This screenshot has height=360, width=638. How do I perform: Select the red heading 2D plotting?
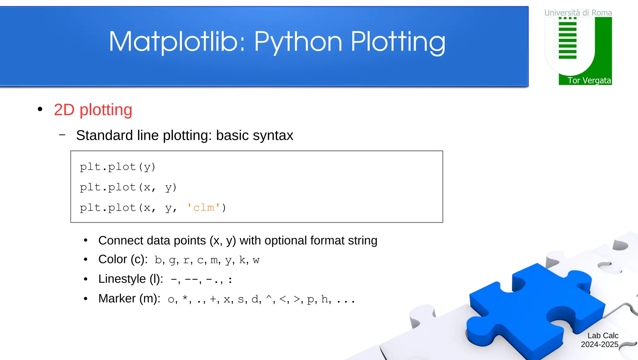(x=93, y=110)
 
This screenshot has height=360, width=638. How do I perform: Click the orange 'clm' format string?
(x=204, y=208)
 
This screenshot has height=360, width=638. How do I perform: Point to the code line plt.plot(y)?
(x=117, y=167)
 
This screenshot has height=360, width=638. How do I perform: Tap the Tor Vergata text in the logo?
(x=589, y=80)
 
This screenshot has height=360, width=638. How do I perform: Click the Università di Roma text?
(x=578, y=13)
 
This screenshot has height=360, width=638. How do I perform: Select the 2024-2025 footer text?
(x=599, y=344)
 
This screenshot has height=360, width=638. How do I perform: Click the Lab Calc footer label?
(x=603, y=336)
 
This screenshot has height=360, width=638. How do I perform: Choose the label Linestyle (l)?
(x=131, y=279)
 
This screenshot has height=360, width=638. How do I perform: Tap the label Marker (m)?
(x=129, y=299)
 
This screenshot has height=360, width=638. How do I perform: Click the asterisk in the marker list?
(x=185, y=298)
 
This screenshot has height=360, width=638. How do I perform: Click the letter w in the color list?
(x=256, y=260)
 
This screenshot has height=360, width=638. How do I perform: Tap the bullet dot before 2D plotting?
(x=40, y=109)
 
